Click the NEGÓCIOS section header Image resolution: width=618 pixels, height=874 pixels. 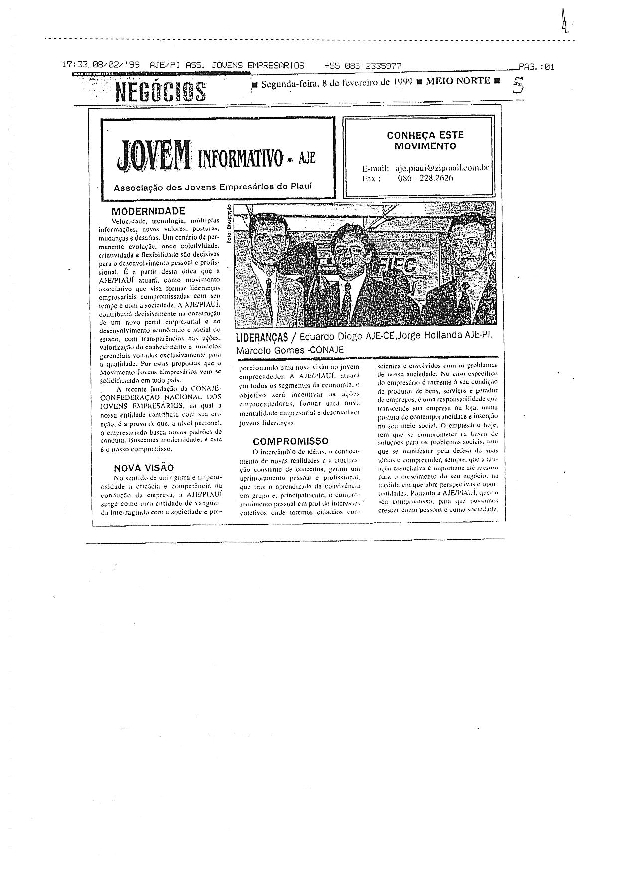160,91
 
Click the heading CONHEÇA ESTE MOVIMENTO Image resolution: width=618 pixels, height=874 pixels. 425,141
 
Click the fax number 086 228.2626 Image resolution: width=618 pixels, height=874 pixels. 425,178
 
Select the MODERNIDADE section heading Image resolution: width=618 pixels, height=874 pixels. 148,211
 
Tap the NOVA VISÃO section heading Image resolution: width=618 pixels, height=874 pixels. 144,468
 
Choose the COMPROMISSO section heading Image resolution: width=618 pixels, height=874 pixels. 291,441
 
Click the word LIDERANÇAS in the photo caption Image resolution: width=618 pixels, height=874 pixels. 262,337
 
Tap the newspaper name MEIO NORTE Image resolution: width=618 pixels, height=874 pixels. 458,81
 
